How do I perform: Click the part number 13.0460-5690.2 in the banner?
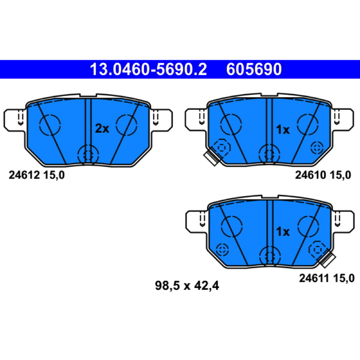click(x=148, y=69)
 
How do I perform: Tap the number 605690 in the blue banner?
click(x=254, y=69)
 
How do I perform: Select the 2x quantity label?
click(x=102, y=129)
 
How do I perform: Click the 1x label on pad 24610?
click(x=283, y=130)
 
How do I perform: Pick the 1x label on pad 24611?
click(x=283, y=231)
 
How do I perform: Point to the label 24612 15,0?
click(x=37, y=175)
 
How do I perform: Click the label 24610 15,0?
click(x=323, y=175)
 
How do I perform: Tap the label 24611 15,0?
click(x=327, y=278)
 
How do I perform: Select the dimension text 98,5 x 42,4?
click(x=187, y=286)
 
